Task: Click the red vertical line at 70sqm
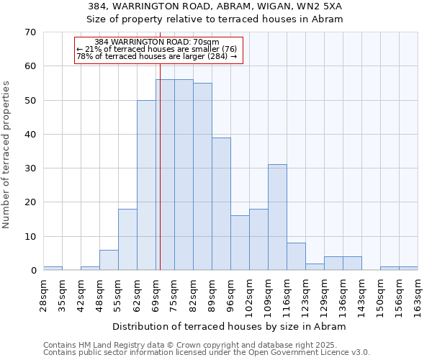coord(160,166)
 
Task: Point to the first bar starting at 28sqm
coord(53,269)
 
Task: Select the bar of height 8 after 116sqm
coord(296,256)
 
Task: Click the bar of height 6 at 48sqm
coord(109,260)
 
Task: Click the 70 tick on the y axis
coord(30,32)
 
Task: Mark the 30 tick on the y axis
coord(30,168)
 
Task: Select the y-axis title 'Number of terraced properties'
coord(6,155)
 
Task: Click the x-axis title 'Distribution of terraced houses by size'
coord(230,326)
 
